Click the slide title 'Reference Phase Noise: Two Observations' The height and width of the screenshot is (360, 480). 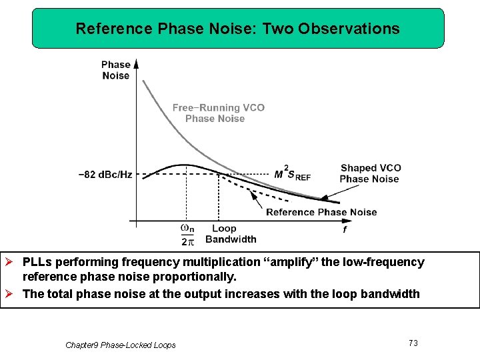click(x=237, y=29)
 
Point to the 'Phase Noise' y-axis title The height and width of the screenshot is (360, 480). click(x=115, y=70)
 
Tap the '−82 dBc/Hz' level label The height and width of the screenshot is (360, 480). click(x=105, y=175)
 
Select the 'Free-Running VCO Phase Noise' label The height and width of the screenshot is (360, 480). click(x=218, y=113)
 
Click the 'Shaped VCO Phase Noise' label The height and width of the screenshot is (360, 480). click(x=370, y=173)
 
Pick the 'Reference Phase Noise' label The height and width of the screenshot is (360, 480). click(x=321, y=212)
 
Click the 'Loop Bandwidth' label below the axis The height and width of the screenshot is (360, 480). click(x=230, y=234)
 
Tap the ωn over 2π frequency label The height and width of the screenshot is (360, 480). click(x=188, y=235)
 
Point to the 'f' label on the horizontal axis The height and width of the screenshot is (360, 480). click(x=344, y=230)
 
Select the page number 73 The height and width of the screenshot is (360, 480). click(x=413, y=343)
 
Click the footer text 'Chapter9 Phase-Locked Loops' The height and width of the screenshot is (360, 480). click(x=121, y=345)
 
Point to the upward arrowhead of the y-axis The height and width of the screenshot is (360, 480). click(x=137, y=63)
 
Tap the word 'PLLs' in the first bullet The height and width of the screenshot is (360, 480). click(x=37, y=262)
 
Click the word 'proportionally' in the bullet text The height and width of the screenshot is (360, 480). click(x=195, y=276)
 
